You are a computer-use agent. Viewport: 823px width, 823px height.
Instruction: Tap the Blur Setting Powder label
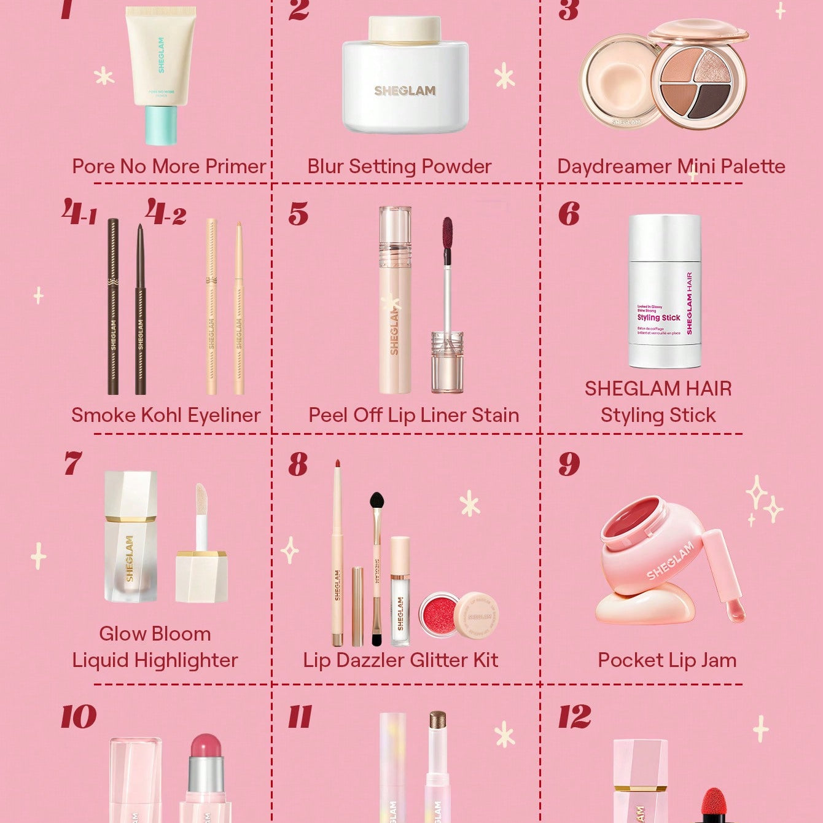[399, 166]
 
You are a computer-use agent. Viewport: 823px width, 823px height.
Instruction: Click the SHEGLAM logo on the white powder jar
[405, 91]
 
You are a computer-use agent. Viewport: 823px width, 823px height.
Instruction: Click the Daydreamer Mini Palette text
[671, 166]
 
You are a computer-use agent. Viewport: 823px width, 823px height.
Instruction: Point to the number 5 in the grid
[298, 214]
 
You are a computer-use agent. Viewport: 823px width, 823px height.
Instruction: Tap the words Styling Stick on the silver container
[658, 318]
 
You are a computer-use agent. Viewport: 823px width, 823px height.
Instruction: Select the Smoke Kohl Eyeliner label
[166, 415]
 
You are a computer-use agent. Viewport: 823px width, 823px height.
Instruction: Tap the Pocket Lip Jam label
[667, 660]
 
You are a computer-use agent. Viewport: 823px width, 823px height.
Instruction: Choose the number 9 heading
[569, 464]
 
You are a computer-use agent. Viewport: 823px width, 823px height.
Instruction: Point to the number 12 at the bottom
[574, 717]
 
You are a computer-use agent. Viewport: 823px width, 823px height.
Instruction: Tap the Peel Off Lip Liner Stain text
[413, 415]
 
